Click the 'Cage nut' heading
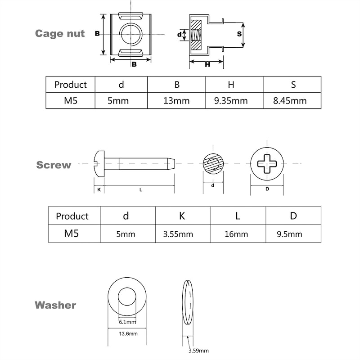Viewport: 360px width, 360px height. pos(60,33)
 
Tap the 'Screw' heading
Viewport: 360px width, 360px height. pos(54,165)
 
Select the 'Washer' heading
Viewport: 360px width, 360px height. pos(55,305)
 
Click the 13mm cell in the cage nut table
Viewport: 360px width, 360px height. pos(176,101)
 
